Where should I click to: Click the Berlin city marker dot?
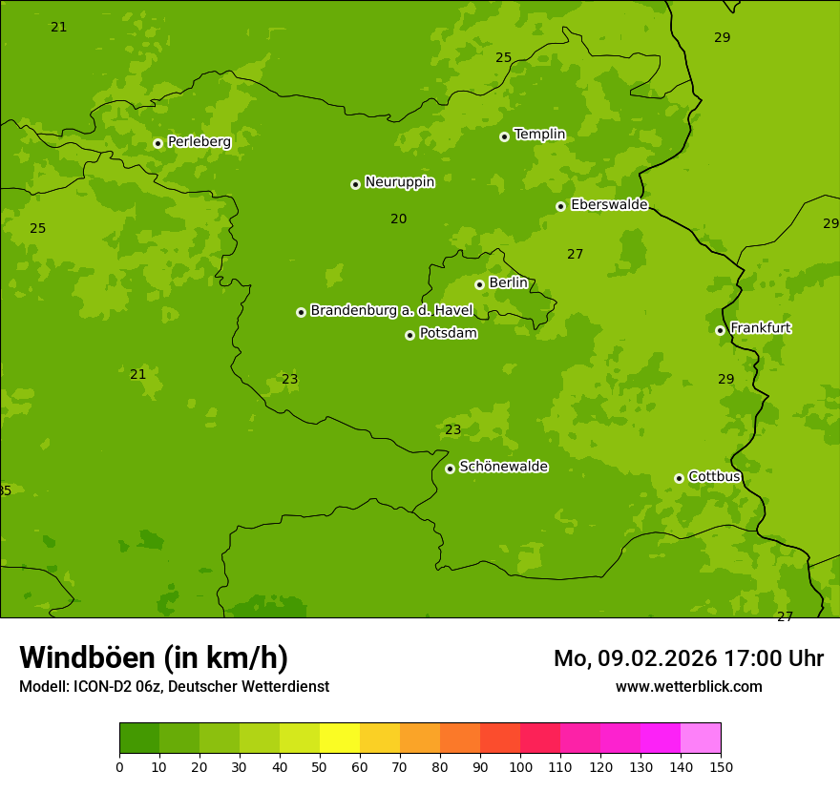(479, 284)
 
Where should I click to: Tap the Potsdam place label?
(448, 334)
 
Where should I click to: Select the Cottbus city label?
(714, 476)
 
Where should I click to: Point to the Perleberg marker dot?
(157, 143)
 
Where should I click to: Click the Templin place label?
(539, 135)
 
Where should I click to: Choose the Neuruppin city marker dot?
(355, 184)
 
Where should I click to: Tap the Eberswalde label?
(609, 205)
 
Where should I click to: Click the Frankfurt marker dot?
(720, 330)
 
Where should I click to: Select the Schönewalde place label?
(503, 467)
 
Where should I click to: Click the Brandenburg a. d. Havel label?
(391, 310)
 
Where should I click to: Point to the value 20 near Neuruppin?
(398, 219)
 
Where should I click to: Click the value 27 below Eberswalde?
(575, 255)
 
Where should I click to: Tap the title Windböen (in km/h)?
(154, 657)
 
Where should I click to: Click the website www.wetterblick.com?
(688, 686)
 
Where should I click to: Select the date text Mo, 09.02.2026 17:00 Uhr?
(688, 658)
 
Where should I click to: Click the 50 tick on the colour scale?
(320, 766)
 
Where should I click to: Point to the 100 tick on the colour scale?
(520, 766)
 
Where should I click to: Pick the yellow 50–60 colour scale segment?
(340, 739)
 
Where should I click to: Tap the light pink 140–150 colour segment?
(701, 739)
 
